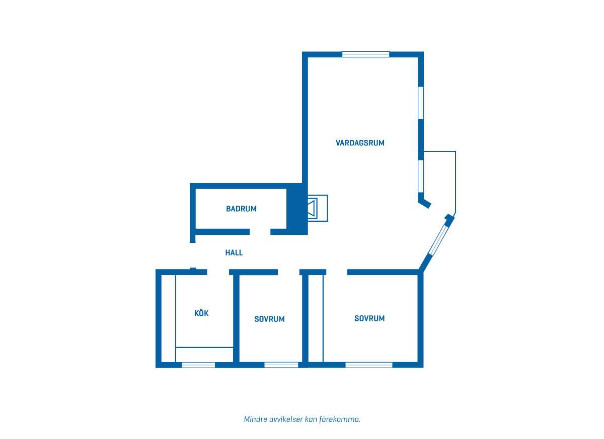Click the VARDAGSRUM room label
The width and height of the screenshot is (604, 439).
[x=360, y=143]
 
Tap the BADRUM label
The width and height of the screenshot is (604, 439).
[x=241, y=209]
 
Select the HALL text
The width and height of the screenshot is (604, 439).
[x=234, y=252]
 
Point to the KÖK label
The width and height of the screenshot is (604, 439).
[x=201, y=313]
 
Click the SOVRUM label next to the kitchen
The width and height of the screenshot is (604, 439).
[x=269, y=319]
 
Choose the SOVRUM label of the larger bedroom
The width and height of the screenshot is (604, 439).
[x=369, y=318]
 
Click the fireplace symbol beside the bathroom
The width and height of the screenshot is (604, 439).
[x=318, y=208]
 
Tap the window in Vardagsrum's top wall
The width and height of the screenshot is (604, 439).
[x=365, y=54]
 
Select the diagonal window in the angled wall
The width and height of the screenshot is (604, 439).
[x=438, y=240]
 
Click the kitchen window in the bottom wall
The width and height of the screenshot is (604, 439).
[x=198, y=365]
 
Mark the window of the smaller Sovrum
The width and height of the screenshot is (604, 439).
[x=281, y=365]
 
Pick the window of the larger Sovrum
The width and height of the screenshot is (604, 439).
[x=369, y=365]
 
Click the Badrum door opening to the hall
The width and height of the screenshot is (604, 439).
[x=260, y=232]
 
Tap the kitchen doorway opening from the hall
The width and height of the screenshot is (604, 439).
[x=218, y=272]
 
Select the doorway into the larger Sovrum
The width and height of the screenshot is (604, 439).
[x=337, y=272]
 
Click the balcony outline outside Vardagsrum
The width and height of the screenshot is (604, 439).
[x=456, y=182]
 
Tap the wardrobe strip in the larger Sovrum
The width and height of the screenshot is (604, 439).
[x=316, y=319]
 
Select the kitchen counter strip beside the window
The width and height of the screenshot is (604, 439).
[x=204, y=355]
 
